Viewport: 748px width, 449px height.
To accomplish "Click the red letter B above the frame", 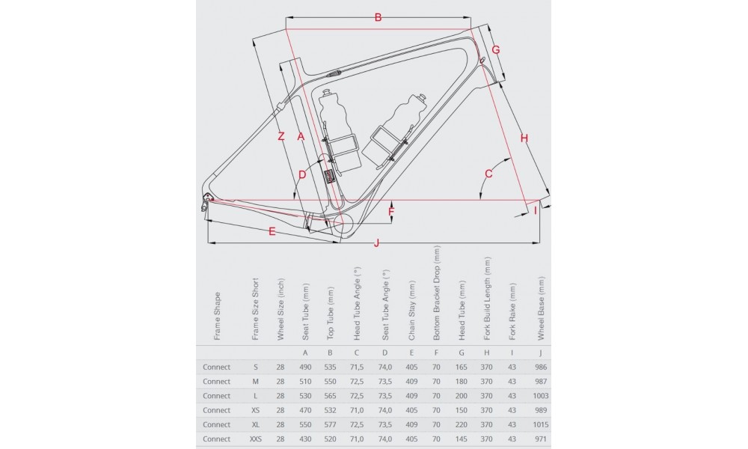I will (378, 17).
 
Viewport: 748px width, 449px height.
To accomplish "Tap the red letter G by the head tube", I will (495, 49).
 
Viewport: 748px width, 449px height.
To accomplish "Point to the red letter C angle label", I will (488, 174).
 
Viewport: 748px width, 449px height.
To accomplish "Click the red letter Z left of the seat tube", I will (280, 136).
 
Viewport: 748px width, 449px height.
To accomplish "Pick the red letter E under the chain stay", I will (272, 232).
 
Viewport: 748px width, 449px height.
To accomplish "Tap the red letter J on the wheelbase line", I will (376, 242).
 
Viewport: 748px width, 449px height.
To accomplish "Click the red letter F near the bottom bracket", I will (390, 212).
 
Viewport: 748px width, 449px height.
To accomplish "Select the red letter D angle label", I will (302, 174).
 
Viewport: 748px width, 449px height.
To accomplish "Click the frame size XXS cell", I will (257, 439).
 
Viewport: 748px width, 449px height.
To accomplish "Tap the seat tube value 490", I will (304, 367).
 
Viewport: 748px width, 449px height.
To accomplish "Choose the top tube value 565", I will (330, 396).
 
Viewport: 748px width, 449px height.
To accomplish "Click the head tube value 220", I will (460, 424).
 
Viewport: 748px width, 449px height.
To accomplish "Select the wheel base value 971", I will (540, 439).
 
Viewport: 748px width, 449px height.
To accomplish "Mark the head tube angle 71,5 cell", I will (357, 367).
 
